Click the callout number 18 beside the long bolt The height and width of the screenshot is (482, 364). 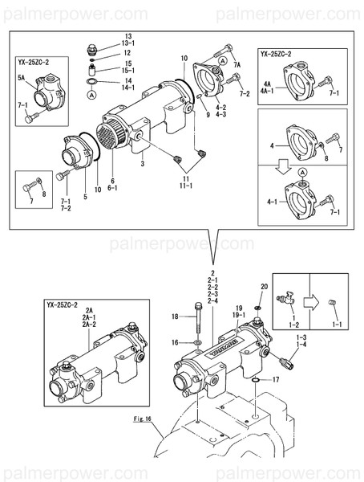pos(175,318)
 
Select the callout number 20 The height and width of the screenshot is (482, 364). pos(264,288)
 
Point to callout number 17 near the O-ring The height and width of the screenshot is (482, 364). pos(274,379)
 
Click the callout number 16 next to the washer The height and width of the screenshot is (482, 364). pos(175,342)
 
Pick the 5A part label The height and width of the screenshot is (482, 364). pos(22,79)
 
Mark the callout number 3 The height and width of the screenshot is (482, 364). pos(142,163)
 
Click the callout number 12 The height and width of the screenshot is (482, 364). pos(127,53)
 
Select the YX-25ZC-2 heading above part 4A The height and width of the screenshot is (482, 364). pos(278,54)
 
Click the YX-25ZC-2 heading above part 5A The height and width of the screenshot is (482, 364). pos(35,61)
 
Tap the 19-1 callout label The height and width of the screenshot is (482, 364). pos(238,314)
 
